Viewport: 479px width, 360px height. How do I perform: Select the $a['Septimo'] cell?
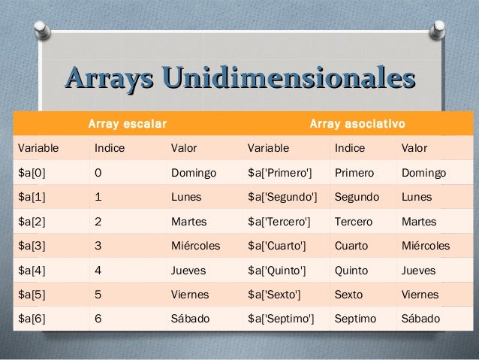tap(281, 318)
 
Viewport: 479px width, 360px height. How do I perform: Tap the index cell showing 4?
tap(98, 270)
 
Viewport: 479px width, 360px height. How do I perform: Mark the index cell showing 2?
tap(98, 222)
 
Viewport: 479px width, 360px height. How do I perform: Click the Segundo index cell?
tap(357, 198)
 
